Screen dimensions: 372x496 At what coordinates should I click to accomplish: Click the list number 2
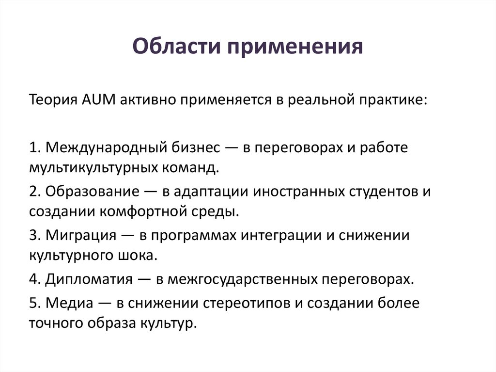pos(33,191)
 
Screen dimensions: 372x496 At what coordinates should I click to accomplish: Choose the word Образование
pos(90,191)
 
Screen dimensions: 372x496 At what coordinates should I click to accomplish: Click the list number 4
pos(33,279)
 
